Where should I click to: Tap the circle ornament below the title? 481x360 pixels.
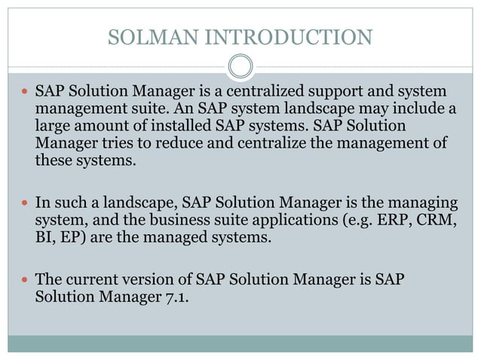click(x=240, y=66)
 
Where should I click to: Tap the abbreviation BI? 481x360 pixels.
click(x=44, y=238)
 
